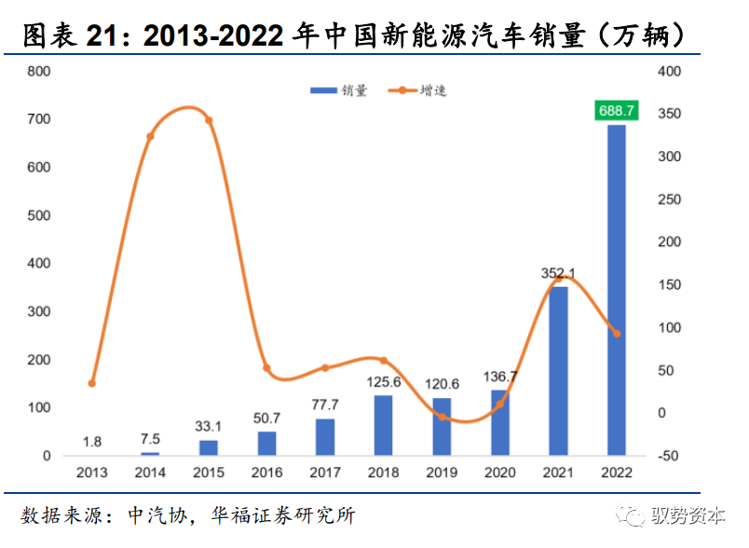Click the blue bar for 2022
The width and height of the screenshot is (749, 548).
click(617, 290)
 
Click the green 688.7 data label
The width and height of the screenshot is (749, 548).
click(617, 111)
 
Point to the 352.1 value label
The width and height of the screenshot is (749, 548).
click(558, 273)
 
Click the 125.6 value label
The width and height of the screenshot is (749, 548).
click(383, 381)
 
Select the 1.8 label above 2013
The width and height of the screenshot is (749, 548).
click(92, 441)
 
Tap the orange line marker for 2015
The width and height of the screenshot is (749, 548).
click(209, 120)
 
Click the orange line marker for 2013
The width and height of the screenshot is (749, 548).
click(92, 383)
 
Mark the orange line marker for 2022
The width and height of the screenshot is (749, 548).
click(617, 333)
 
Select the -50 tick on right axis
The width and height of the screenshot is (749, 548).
click(670, 456)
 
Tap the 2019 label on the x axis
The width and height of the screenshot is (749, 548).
click(441, 473)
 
